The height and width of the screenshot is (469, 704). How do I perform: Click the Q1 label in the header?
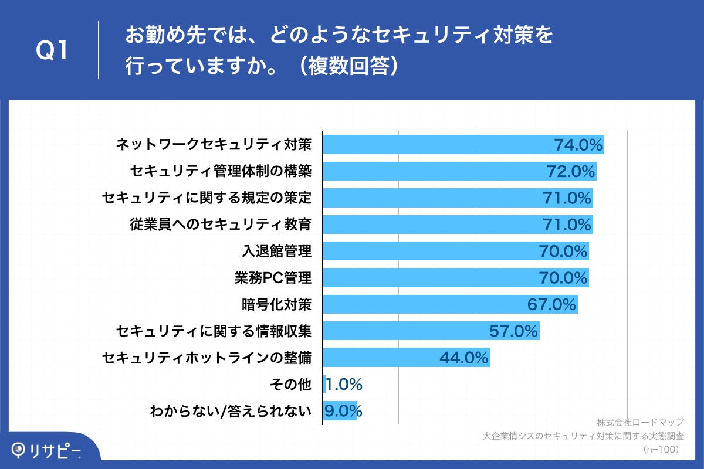(x=53, y=52)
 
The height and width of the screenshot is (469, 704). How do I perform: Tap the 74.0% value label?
(x=578, y=145)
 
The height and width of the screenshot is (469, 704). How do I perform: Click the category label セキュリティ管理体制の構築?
(x=221, y=171)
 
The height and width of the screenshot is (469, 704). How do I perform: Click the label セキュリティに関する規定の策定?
(x=206, y=198)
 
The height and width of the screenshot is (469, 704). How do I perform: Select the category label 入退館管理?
(x=276, y=252)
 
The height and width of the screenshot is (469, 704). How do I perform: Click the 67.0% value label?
(x=553, y=305)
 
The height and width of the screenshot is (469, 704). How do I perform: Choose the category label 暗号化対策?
(x=276, y=305)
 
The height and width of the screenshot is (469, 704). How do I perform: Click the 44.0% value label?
(x=464, y=358)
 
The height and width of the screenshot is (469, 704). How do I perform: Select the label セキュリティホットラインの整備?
(x=206, y=358)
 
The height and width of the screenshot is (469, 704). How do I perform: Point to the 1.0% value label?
(x=344, y=385)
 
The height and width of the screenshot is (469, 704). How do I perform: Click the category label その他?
(x=290, y=385)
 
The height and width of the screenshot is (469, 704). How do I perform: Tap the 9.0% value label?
(x=343, y=411)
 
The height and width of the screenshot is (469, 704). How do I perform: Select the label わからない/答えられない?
(x=230, y=411)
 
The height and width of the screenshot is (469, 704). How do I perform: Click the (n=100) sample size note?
(x=661, y=449)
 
